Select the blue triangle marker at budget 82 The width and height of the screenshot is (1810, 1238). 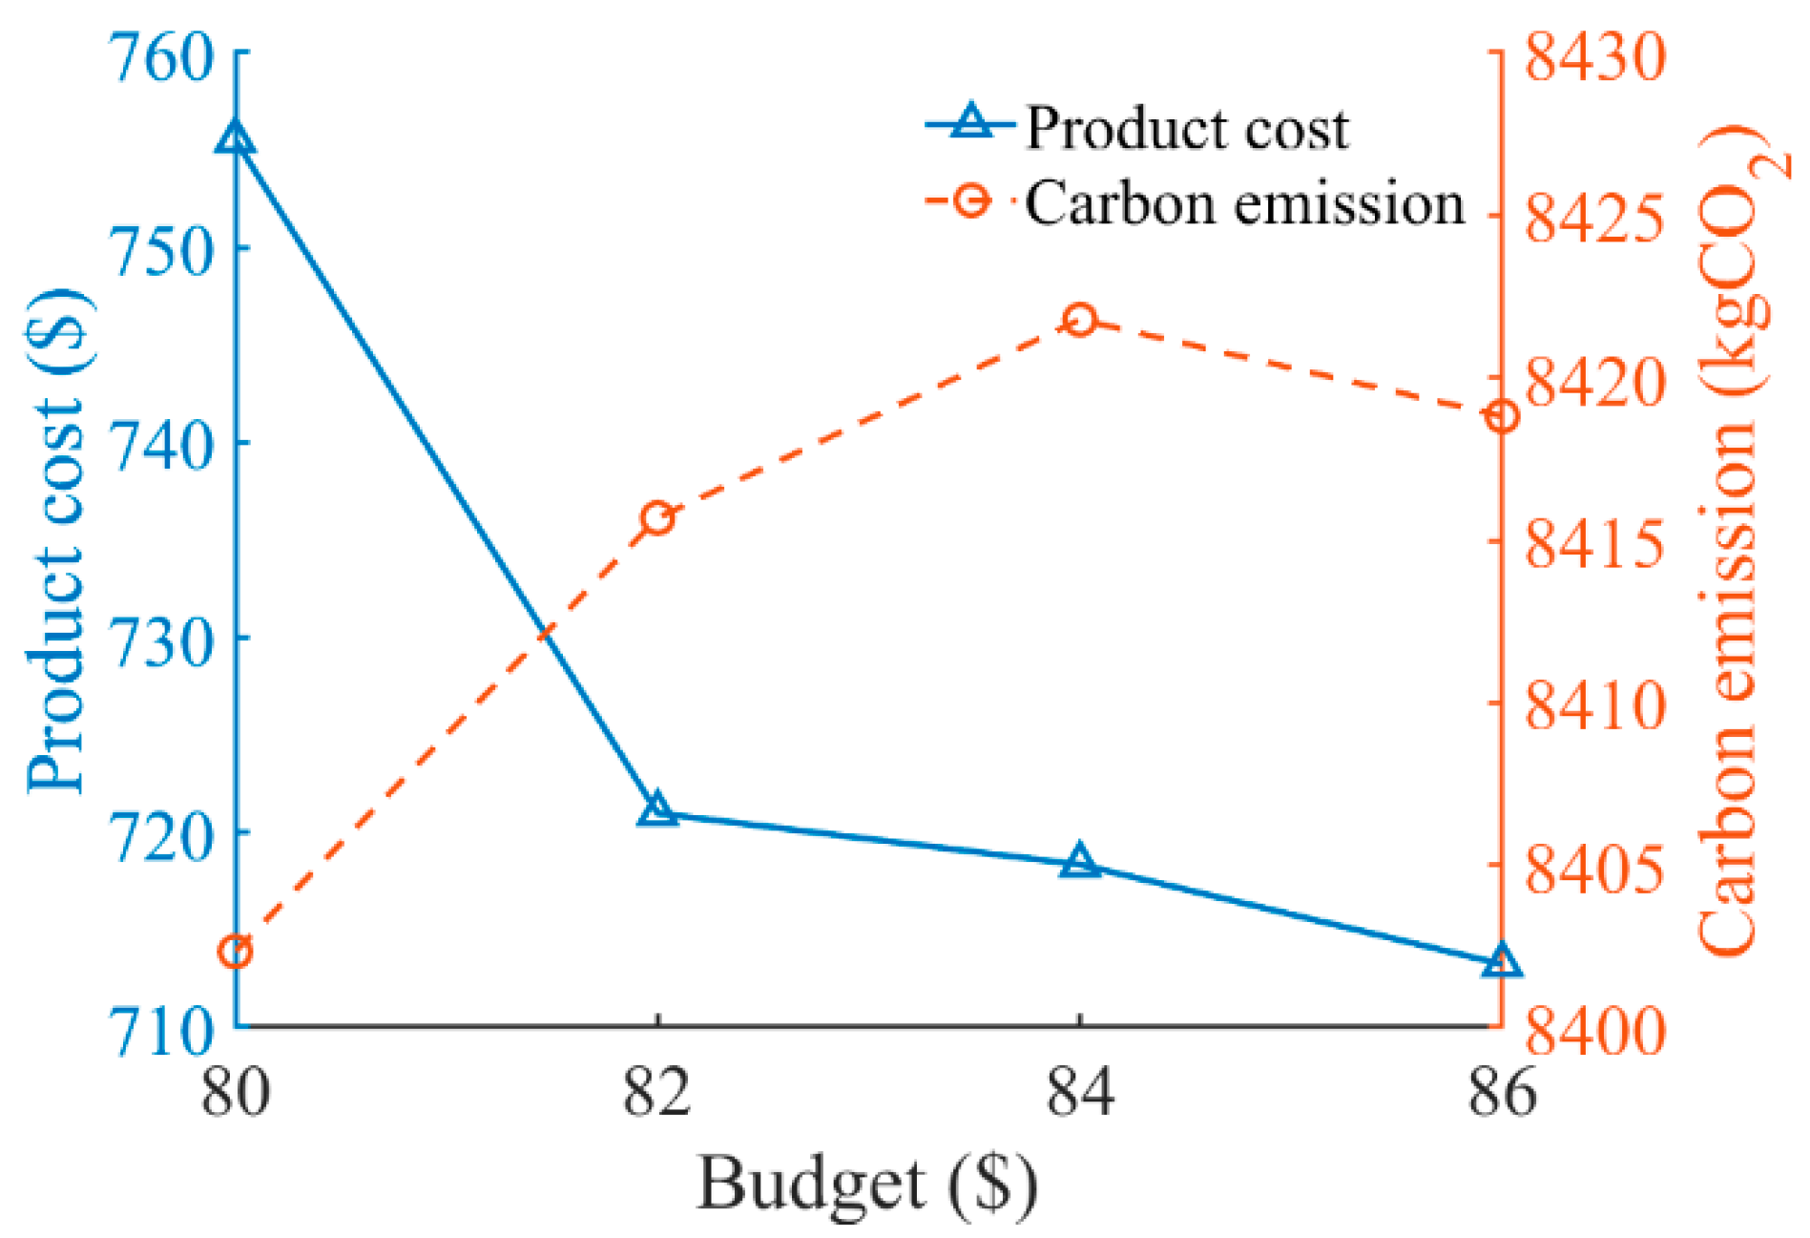tap(657, 810)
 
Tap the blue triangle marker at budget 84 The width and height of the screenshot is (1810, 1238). tap(1079, 861)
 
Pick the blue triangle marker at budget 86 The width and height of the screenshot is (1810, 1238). tap(1502, 961)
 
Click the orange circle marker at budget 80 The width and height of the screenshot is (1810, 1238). tap(235, 952)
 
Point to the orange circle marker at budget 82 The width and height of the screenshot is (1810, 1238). tap(657, 519)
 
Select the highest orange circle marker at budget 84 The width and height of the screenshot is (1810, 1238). tap(1079, 320)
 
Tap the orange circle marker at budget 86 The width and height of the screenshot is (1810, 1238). tap(1502, 417)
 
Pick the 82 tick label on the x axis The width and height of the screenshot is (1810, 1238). tap(657, 1091)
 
